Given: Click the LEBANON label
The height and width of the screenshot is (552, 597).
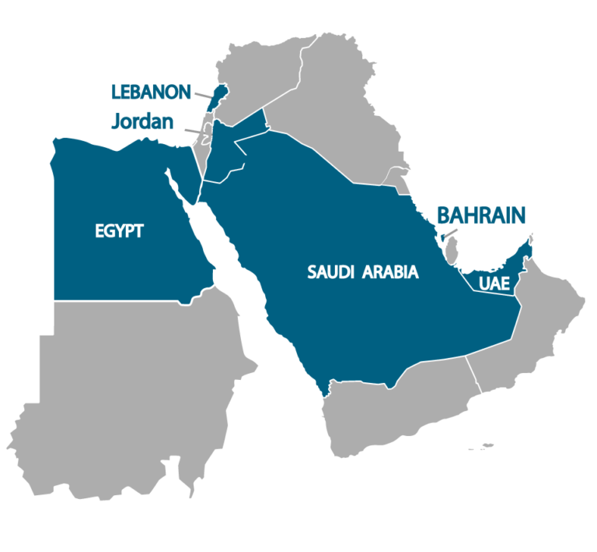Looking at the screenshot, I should point(151,92).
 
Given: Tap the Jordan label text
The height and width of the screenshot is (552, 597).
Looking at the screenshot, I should point(142,121).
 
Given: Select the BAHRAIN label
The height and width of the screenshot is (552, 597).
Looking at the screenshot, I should point(481,215).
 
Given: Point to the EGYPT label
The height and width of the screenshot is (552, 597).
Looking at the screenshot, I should point(119,231).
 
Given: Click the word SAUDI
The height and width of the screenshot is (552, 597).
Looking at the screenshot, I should point(331,272).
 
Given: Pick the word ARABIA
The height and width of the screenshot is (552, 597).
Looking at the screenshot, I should point(390,272).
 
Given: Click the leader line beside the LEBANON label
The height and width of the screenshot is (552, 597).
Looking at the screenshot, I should point(202,96).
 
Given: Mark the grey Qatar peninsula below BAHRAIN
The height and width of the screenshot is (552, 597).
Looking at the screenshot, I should point(451,250).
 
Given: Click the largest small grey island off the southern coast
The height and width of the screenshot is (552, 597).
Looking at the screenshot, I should point(486,446).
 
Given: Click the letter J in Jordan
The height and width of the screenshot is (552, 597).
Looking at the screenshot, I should point(117,122).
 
